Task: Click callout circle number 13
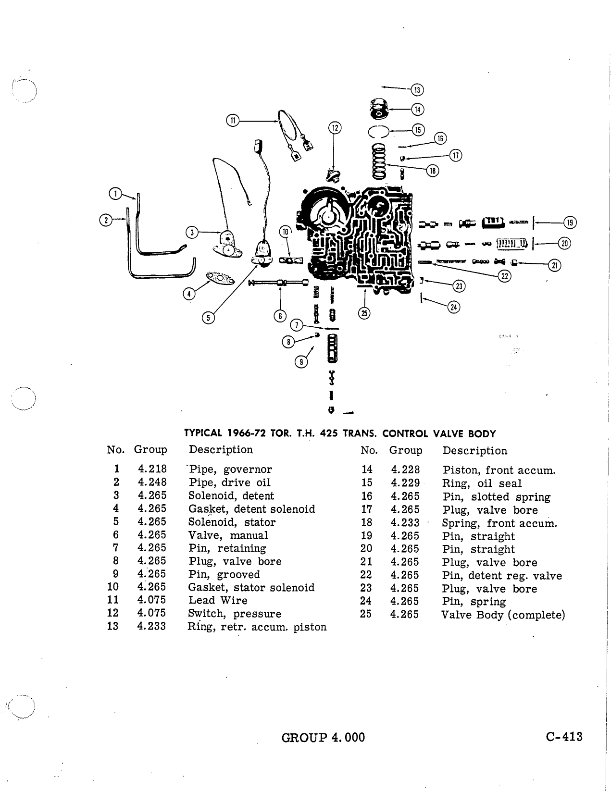pyautogui.click(x=417, y=90)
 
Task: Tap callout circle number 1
pyautogui.click(x=115, y=194)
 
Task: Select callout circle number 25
pyautogui.click(x=364, y=313)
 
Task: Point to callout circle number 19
pyautogui.click(x=570, y=222)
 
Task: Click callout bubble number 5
pyautogui.click(x=208, y=318)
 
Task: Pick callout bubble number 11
pyautogui.click(x=233, y=120)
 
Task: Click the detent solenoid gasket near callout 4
pyautogui.click(x=220, y=278)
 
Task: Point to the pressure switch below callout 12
pyautogui.click(x=333, y=176)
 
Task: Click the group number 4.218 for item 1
pyautogui.click(x=152, y=469)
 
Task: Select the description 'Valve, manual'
pyautogui.click(x=228, y=535)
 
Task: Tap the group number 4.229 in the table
pyautogui.click(x=405, y=482)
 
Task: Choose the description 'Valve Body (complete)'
pyautogui.click(x=503, y=615)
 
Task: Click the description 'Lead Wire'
pyautogui.click(x=218, y=600)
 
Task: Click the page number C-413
pyautogui.click(x=564, y=737)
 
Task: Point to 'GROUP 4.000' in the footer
pyautogui.click(x=323, y=738)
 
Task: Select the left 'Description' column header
pyautogui.click(x=221, y=449)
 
